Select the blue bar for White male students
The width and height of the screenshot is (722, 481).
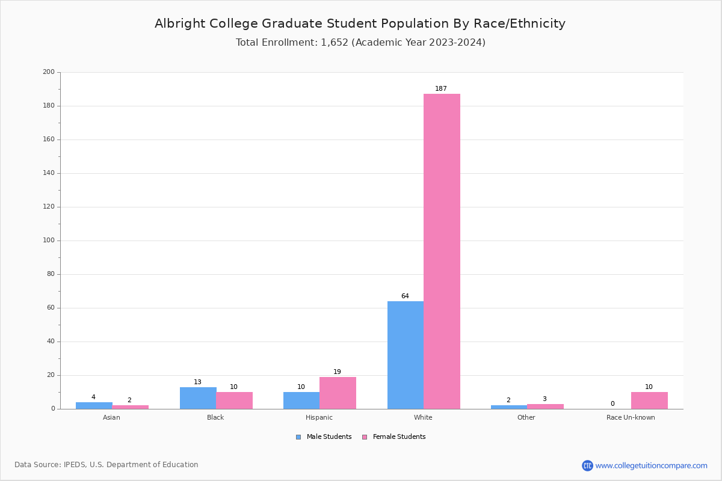[406, 355]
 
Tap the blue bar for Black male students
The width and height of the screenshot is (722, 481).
[198, 398]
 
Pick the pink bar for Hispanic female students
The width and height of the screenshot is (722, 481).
[338, 393]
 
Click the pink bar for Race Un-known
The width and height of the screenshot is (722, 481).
[649, 400]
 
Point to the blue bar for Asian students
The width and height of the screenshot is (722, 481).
[94, 405]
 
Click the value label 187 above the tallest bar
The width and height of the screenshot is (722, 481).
[441, 89]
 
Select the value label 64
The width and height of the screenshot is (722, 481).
[405, 296]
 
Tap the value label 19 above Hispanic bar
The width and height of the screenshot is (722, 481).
[337, 372]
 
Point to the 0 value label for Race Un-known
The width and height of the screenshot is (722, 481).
[612, 404]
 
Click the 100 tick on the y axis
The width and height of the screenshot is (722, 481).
[49, 240]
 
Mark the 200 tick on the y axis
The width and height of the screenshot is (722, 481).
[49, 72]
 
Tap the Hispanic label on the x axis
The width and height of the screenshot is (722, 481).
[319, 417]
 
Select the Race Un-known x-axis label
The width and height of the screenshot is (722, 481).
[631, 417]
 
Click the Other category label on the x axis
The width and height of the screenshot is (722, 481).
[526, 417]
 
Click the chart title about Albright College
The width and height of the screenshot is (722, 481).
[360, 24]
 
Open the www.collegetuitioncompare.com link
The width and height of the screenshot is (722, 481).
[651, 465]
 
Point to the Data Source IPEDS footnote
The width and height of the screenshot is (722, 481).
[106, 465]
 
